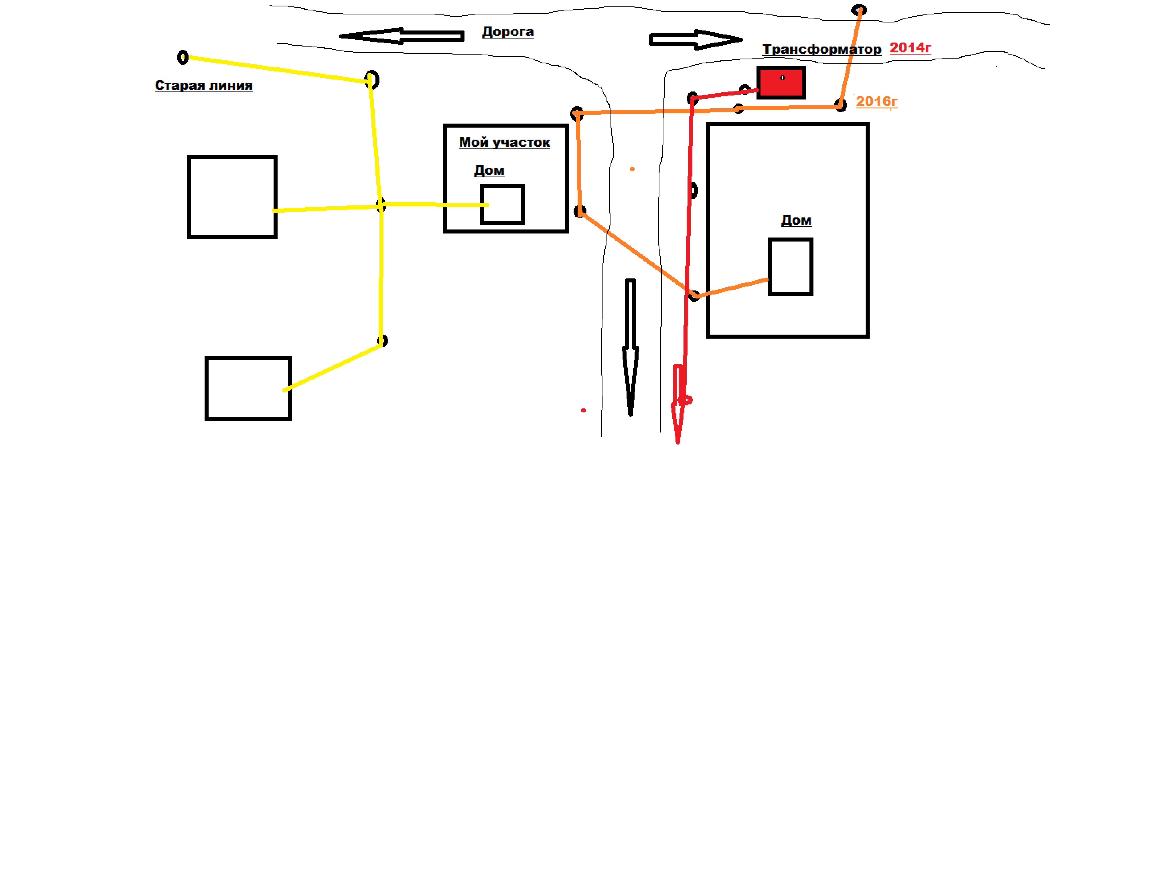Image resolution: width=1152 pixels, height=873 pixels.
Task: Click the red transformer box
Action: pyautogui.click(x=781, y=82)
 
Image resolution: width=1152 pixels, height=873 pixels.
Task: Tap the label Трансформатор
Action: pyautogui.click(x=822, y=49)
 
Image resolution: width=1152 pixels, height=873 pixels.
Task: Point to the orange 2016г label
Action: pyautogui.click(x=877, y=102)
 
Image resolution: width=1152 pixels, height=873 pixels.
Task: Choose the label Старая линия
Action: pyautogui.click(x=203, y=85)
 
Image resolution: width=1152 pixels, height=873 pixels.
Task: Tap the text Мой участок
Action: pyautogui.click(x=505, y=143)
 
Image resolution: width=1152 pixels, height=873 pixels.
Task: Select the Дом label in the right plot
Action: pyautogui.click(x=796, y=220)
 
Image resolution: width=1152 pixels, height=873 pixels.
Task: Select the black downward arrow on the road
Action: pyautogui.click(x=631, y=347)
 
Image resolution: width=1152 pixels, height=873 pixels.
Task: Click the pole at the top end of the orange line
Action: pyautogui.click(x=859, y=9)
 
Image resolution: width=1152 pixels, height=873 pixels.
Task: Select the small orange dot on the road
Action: pyautogui.click(x=632, y=169)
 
